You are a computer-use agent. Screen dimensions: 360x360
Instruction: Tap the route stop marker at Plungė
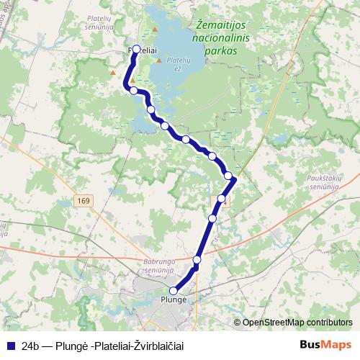173,292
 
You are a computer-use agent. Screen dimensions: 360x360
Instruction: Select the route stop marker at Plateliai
136,50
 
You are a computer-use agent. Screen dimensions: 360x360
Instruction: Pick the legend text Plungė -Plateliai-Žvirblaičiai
129,346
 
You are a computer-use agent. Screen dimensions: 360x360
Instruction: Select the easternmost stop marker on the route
229,176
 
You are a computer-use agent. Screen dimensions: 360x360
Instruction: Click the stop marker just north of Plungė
197,259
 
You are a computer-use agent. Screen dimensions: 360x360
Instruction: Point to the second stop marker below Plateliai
151,109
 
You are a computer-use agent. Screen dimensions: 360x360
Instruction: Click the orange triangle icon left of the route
112,72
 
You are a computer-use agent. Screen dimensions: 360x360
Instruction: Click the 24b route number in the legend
30,346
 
